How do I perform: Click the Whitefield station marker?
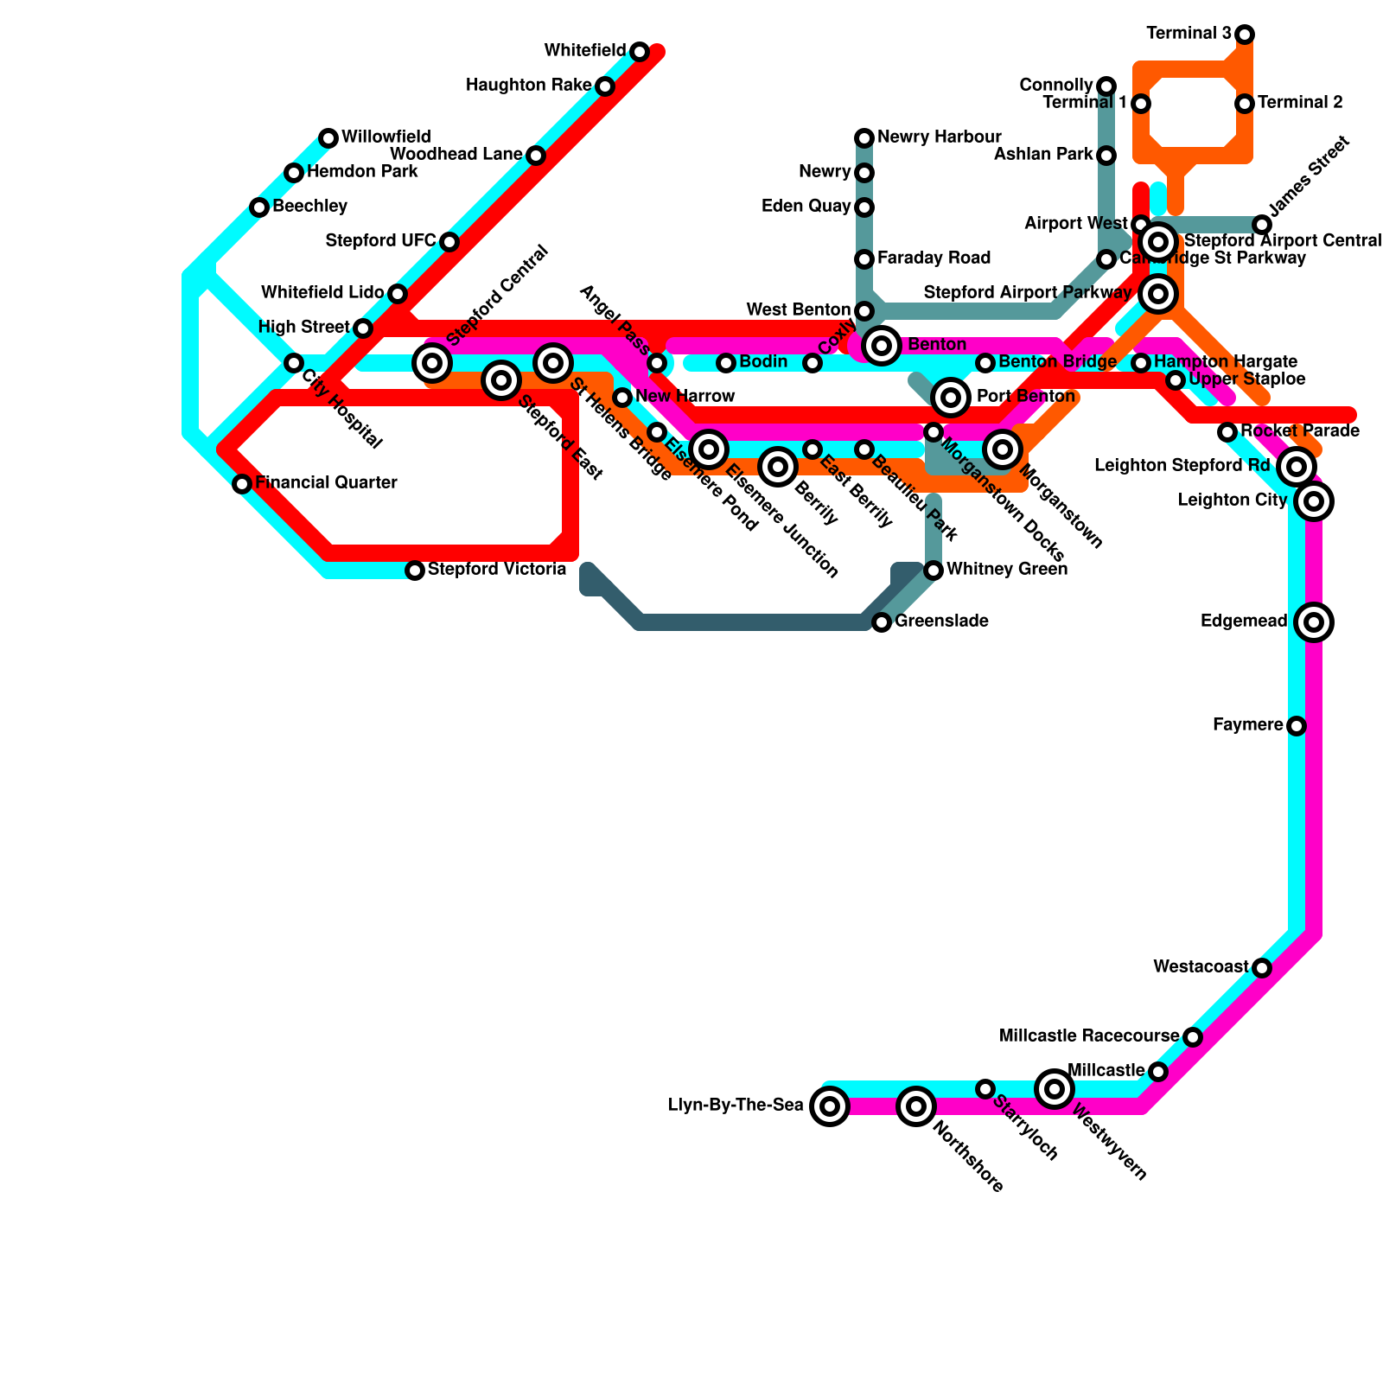pyautogui.click(x=639, y=52)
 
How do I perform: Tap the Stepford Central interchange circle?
pyautogui.click(x=432, y=362)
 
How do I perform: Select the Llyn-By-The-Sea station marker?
pyautogui.click(x=829, y=1106)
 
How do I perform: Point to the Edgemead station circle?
pyautogui.click(x=1314, y=621)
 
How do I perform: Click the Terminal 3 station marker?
pyautogui.click(x=1245, y=35)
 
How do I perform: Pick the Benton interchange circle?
pyautogui.click(x=881, y=346)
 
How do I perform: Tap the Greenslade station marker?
pyautogui.click(x=881, y=622)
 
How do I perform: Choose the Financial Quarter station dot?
pyautogui.click(x=242, y=484)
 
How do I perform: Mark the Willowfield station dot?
pyautogui.click(x=328, y=138)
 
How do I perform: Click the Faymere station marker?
pyautogui.click(x=1296, y=726)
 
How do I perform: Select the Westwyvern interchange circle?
pyautogui.click(x=1054, y=1088)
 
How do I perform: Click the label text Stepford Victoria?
pyautogui.click(x=497, y=570)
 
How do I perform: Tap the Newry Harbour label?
pyautogui.click(x=939, y=137)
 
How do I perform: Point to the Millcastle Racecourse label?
pyautogui.click(x=1088, y=1036)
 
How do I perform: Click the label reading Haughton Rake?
pyautogui.click(x=527, y=86)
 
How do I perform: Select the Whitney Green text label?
pyautogui.click(x=1006, y=570)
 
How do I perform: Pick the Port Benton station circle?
pyautogui.click(x=951, y=397)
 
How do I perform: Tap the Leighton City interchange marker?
pyautogui.click(x=1314, y=500)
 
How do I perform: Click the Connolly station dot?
pyautogui.click(x=1106, y=86)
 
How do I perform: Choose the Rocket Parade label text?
pyautogui.click(x=1299, y=431)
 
